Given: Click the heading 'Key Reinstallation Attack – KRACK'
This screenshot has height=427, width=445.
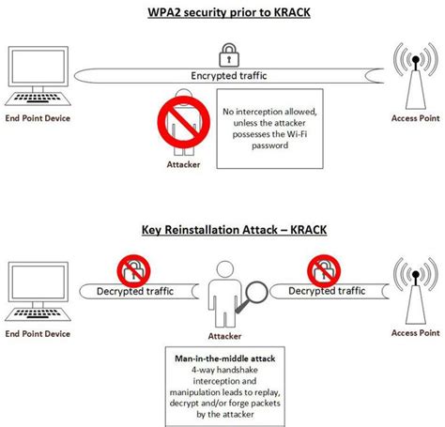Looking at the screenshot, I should click(x=222, y=227).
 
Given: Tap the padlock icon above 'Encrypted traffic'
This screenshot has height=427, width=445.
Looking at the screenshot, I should click(x=227, y=53).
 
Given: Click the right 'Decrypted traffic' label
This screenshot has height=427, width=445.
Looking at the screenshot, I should click(x=326, y=291).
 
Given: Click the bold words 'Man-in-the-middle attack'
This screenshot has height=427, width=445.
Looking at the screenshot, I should click(x=223, y=358).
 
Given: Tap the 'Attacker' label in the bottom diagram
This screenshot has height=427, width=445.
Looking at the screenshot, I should click(x=222, y=335).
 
